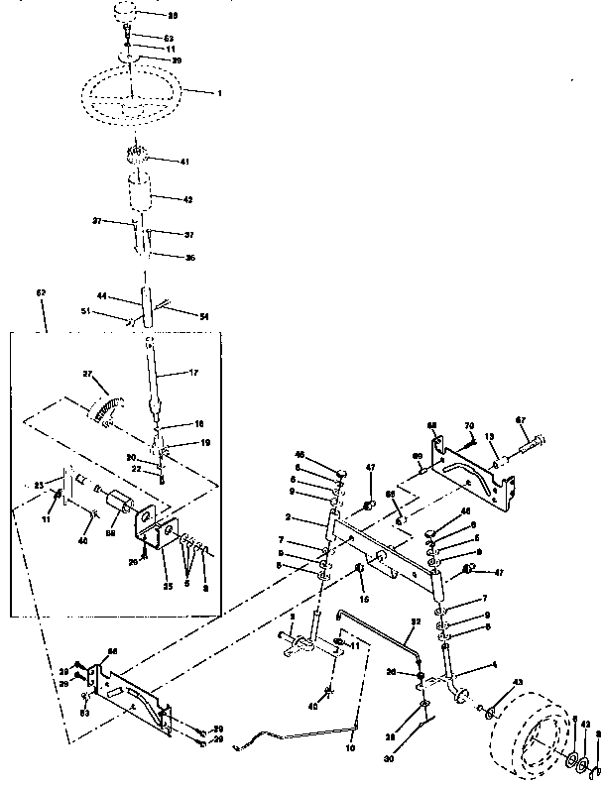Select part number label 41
(184, 162)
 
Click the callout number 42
(187, 199)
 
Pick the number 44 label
(102, 296)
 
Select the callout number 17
(194, 373)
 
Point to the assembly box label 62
(42, 294)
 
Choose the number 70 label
(470, 425)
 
